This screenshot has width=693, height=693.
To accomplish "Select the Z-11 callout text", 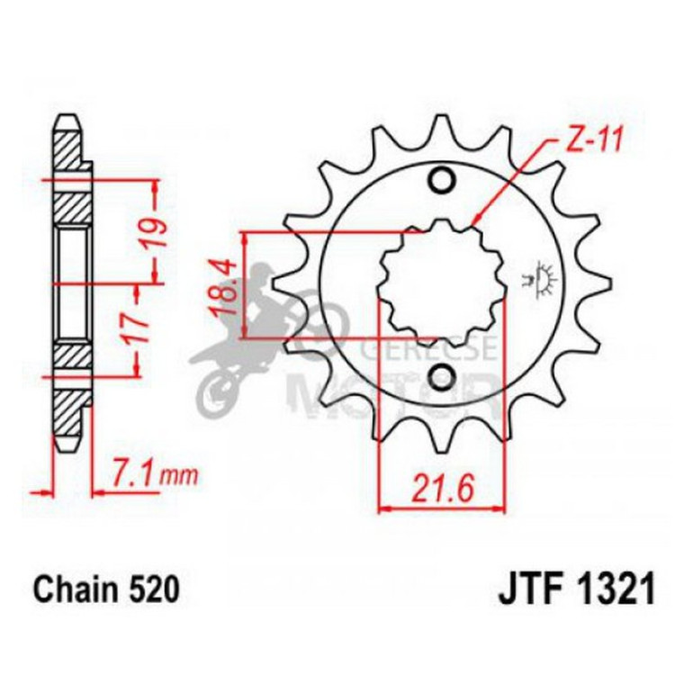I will (x=591, y=140).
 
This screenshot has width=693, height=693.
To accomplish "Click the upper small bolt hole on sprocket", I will (x=441, y=181).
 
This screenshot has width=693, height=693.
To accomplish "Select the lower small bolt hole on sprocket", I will (x=441, y=375).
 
